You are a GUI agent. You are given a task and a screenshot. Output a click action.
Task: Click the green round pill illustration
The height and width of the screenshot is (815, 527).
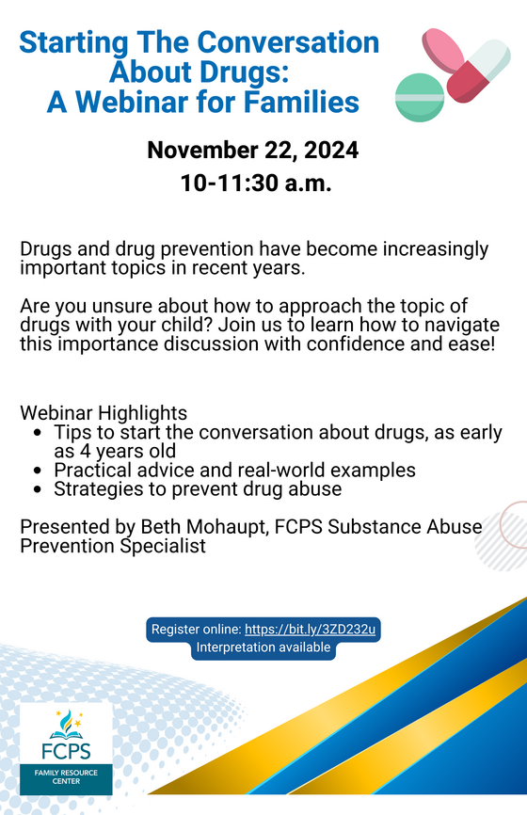click(420, 97)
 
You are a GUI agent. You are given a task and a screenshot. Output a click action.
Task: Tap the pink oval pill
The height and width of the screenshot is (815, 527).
click(443, 51)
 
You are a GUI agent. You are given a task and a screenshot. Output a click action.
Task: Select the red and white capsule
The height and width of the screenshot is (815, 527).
click(479, 71)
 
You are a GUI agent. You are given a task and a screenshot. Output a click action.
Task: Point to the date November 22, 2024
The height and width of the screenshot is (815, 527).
click(253, 151)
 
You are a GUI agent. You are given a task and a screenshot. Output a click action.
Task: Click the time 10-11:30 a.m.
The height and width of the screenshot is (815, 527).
click(256, 183)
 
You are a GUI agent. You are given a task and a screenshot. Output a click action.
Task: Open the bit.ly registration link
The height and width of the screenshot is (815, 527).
click(310, 629)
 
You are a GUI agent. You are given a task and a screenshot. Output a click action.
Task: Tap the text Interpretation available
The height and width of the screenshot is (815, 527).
click(263, 647)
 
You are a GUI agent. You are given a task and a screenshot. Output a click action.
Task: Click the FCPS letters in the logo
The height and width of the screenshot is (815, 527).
click(66, 751)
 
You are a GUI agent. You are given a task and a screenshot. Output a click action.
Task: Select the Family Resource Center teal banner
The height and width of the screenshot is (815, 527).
click(66, 779)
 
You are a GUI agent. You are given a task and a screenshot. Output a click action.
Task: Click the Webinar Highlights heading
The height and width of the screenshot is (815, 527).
click(104, 413)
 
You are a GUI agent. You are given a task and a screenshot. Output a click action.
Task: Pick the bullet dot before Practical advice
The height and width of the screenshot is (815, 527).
click(37, 471)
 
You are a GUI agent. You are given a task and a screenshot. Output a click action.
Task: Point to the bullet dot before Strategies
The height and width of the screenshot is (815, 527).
click(37, 489)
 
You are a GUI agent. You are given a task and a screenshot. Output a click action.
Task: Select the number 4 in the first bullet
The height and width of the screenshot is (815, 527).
click(86, 451)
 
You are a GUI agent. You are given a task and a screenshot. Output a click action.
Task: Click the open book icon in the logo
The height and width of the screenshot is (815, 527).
click(66, 734)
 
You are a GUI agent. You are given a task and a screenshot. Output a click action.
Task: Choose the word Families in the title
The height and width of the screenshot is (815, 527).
click(301, 102)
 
